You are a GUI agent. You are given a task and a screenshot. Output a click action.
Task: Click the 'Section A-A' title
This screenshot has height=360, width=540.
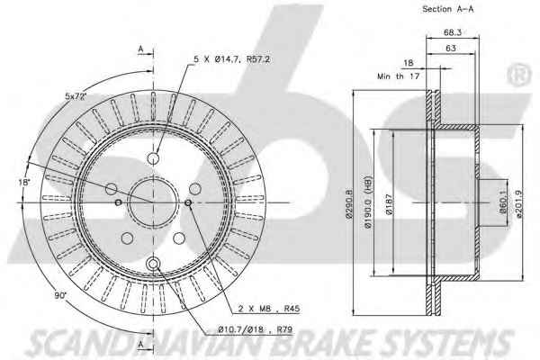(x=447, y=9)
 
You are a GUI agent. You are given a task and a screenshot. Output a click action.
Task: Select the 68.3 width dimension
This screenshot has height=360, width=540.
(x=452, y=32)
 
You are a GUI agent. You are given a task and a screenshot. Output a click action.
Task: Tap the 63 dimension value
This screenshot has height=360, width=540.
(x=451, y=49)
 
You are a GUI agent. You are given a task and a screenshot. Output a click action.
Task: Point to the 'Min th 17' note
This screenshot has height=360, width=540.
(x=398, y=76)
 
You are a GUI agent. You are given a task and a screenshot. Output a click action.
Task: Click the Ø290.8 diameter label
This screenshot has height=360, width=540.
(x=349, y=203)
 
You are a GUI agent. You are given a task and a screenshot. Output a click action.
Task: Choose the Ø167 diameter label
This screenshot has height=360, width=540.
(x=389, y=204)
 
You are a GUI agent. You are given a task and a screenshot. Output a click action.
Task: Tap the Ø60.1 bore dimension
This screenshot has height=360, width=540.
(x=503, y=202)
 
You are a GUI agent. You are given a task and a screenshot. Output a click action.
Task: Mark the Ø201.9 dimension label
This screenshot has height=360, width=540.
(x=519, y=203)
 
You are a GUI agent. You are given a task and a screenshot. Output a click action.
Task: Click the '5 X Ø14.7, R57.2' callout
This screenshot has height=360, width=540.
(x=231, y=59)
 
